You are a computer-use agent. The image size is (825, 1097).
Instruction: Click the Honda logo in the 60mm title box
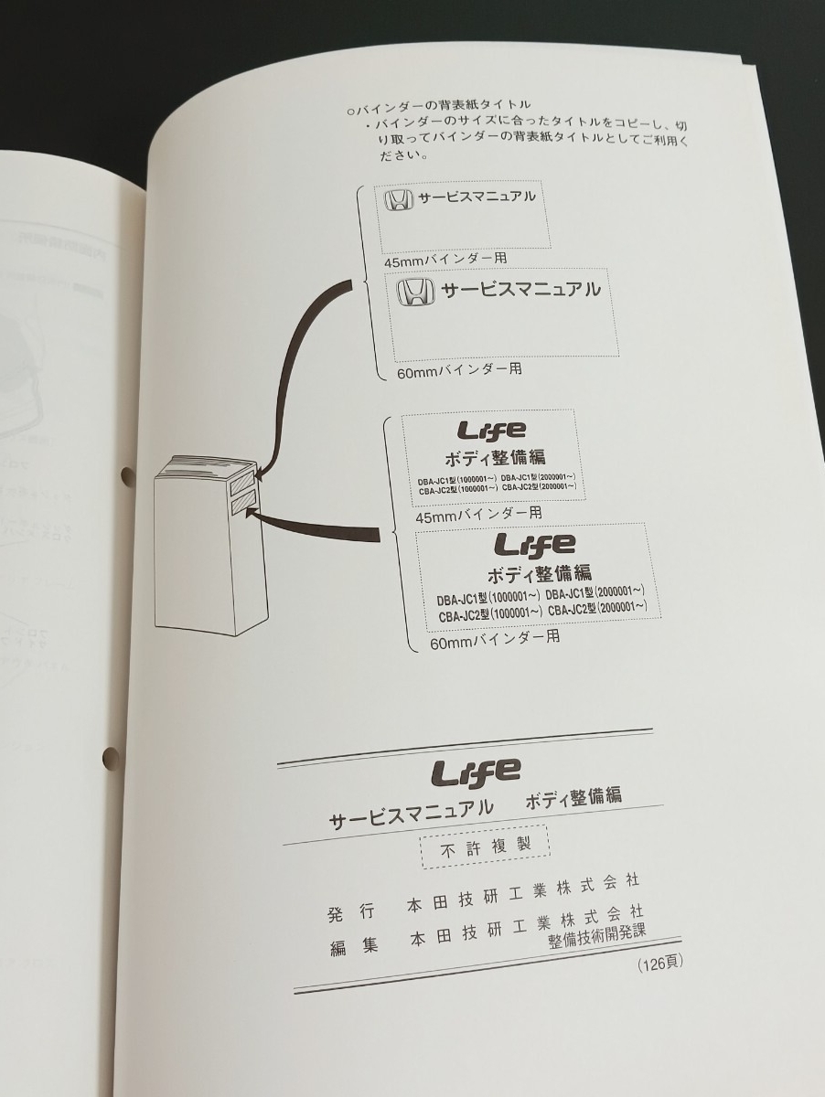pyautogui.click(x=416, y=293)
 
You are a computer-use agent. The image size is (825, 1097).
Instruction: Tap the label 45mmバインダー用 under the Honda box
pyautogui.click(x=445, y=260)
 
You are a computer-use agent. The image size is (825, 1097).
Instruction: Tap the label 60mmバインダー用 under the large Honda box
pyautogui.click(x=459, y=370)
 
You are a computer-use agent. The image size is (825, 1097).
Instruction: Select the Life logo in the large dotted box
pyautogui.click(x=535, y=546)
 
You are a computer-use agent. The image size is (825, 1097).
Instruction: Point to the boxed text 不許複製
pyautogui.click(x=485, y=847)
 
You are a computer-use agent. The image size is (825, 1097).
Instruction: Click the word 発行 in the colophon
pyautogui.click(x=351, y=912)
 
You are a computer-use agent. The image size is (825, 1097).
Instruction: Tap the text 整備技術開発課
pyautogui.click(x=596, y=934)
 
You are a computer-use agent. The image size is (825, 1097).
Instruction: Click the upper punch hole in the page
pyautogui.click(x=126, y=475)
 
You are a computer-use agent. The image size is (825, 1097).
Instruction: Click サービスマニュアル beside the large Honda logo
pyautogui.click(x=521, y=291)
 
